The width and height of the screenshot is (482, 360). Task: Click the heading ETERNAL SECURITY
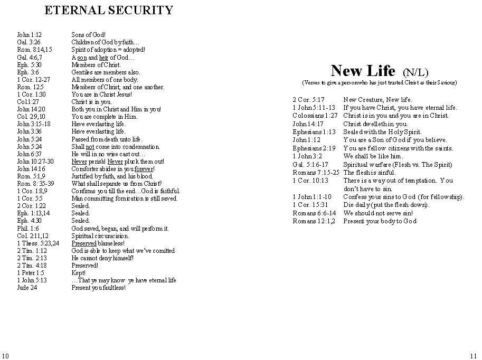(109, 10)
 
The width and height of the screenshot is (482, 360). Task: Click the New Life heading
(363, 71)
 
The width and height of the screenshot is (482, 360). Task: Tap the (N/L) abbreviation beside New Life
(415, 72)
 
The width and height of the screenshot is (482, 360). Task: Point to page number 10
(5, 355)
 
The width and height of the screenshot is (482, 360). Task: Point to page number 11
(473, 355)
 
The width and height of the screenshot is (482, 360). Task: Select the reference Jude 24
(27, 288)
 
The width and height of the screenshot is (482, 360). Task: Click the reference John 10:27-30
(35, 162)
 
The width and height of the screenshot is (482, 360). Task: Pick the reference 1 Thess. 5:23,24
(38, 243)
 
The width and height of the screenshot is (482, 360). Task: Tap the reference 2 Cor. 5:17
(308, 99)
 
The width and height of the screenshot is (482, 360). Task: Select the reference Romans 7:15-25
(316, 172)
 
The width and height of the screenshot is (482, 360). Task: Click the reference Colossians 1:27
(315, 116)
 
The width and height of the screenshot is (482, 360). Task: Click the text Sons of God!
(89, 35)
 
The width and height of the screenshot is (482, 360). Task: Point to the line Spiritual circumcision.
(100, 236)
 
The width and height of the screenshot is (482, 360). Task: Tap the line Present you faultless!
(99, 288)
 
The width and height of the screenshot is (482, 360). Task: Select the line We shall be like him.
(373, 156)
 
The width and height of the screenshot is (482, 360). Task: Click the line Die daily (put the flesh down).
(386, 205)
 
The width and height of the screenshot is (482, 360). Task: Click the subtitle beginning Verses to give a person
(379, 83)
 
